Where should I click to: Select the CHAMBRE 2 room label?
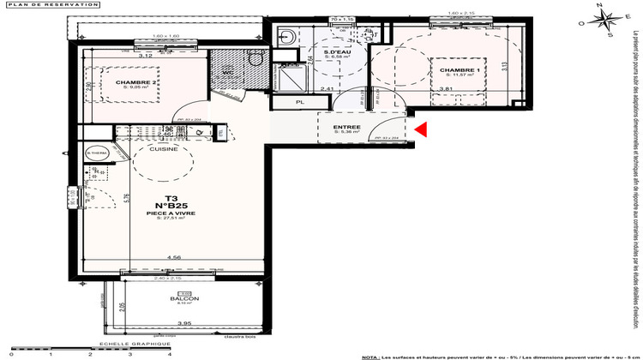[137, 82]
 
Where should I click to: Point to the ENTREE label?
[371, 128]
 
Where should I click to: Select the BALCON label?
[190, 299]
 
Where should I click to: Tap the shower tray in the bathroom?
[293, 75]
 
